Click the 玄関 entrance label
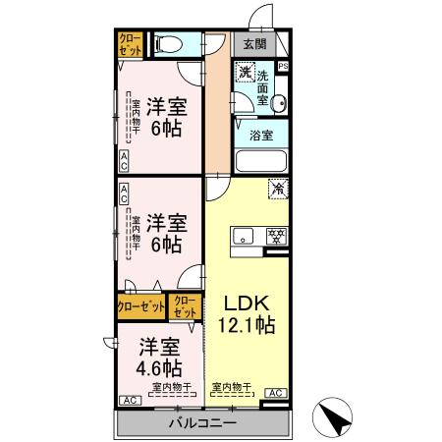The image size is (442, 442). [x=254, y=44]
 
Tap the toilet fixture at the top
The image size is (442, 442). [x=169, y=44]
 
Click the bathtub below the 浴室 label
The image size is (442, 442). [x=261, y=161]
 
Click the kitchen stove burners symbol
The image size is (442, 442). [x=277, y=235]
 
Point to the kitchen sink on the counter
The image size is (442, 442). [x=244, y=235]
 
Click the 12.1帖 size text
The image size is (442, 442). [x=240, y=324]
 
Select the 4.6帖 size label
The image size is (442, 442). [x=158, y=368]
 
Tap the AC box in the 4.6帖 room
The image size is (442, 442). [x=129, y=401]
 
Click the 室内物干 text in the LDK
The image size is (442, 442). [x=234, y=387]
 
